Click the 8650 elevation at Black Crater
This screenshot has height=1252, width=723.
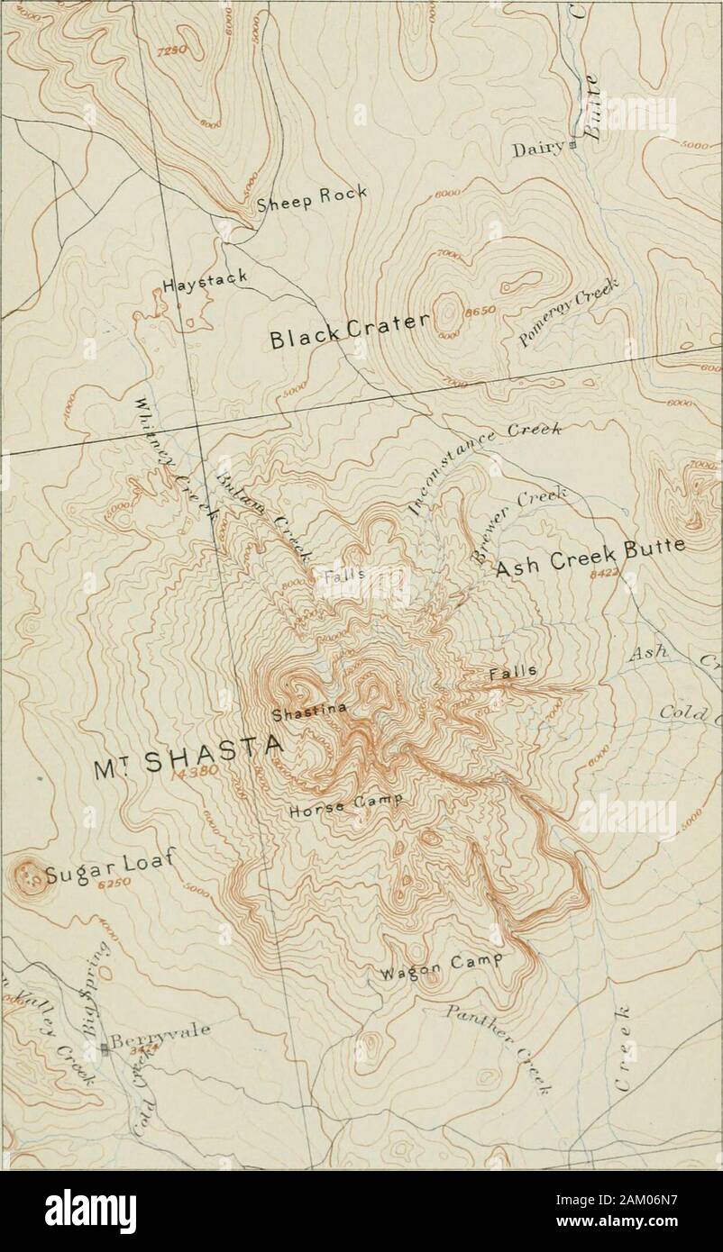click(474, 313)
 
